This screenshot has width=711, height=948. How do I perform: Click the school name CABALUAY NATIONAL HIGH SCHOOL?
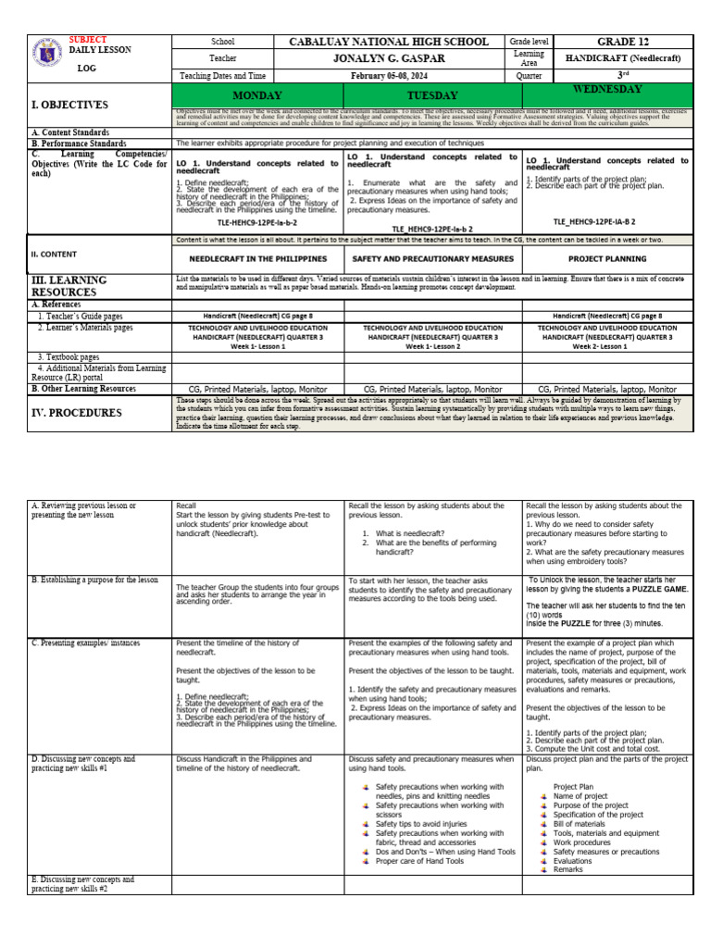point(390,42)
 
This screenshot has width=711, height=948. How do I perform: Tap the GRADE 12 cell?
point(632,42)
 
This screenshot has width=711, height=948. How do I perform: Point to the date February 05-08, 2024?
point(390,76)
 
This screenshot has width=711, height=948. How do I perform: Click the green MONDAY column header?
point(258,95)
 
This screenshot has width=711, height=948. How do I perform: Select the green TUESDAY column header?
point(431,95)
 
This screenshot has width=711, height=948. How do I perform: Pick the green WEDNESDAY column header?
point(607,90)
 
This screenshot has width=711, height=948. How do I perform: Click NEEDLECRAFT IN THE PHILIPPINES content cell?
point(258,258)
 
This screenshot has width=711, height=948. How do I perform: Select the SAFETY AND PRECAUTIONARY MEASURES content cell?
point(431,258)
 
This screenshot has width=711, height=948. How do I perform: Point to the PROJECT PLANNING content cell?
point(607,258)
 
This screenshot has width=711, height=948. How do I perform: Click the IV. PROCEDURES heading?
point(74,413)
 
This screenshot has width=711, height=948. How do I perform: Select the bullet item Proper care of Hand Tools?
point(419,860)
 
